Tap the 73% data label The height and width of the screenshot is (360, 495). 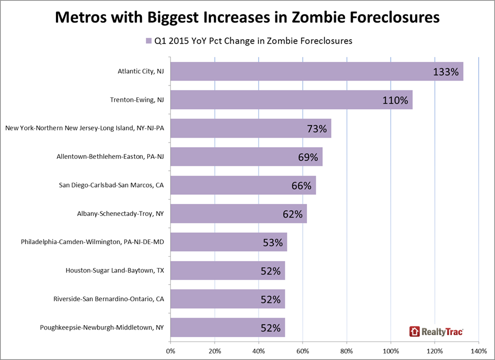point(316,129)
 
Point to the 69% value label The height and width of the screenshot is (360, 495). point(307,157)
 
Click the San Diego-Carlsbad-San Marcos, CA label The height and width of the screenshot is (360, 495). point(111,185)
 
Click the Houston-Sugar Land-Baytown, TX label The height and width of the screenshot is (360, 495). point(115,270)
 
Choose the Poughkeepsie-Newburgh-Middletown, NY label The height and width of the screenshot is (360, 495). point(102,328)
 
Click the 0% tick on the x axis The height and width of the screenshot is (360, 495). point(171,350)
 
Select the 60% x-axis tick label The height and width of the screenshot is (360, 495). point(303,350)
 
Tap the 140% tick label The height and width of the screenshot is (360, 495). point(478,350)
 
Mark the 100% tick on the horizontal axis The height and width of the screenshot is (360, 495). point(391,350)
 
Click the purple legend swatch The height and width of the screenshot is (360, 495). point(147,41)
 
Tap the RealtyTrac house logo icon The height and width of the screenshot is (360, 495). point(415,331)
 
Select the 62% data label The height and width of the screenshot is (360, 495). point(292,214)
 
